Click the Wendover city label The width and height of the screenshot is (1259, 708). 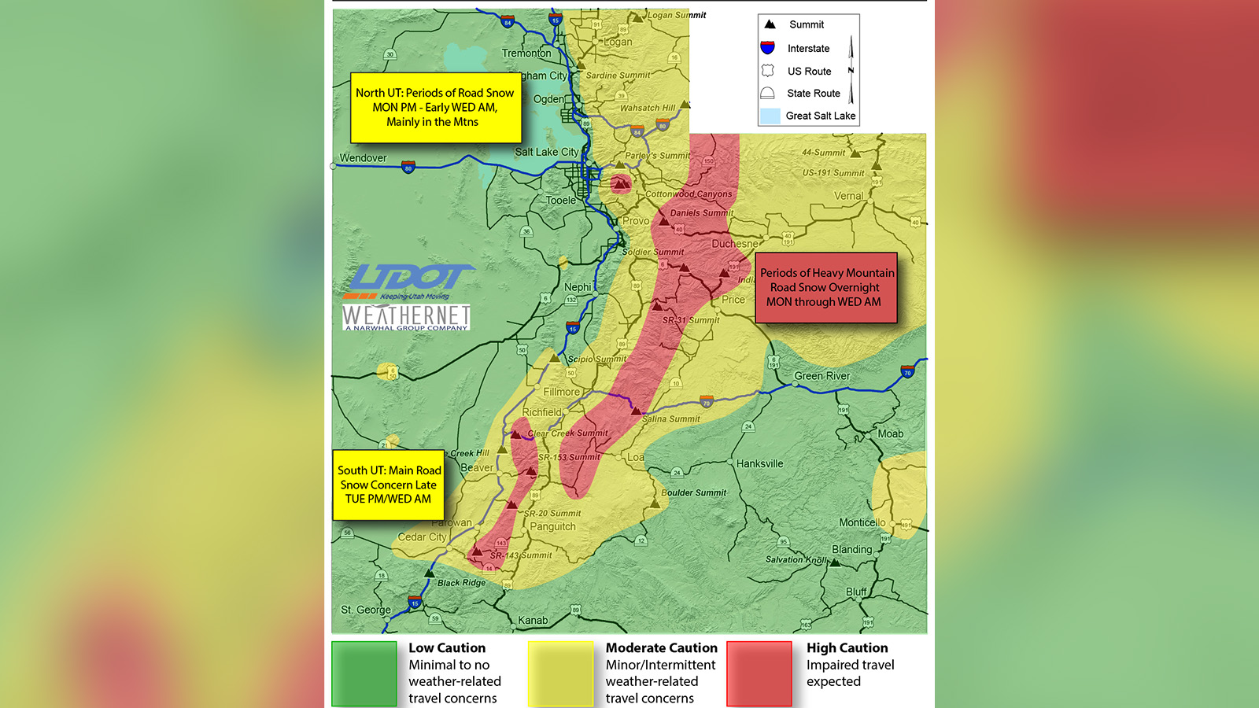363,158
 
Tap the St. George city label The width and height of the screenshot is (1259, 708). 365,610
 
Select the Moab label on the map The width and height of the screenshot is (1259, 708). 890,433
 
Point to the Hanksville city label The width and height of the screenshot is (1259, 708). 759,463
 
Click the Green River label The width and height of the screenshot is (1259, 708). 821,376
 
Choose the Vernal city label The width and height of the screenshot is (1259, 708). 848,196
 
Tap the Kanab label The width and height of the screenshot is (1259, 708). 533,620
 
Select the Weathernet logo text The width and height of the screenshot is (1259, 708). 406,316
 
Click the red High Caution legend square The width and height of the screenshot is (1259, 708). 759,673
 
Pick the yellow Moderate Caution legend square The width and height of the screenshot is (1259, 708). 560,673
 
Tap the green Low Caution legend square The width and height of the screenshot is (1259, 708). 364,673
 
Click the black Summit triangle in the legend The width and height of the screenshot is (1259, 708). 770,24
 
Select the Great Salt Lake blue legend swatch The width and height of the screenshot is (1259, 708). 770,116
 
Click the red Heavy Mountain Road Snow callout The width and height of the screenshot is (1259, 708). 825,287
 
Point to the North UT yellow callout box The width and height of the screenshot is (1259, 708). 435,107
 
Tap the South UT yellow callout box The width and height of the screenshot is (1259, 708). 389,485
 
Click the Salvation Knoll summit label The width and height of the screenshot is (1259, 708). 796,559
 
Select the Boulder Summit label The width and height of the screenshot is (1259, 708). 693,492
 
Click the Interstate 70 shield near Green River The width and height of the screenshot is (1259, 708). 907,370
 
